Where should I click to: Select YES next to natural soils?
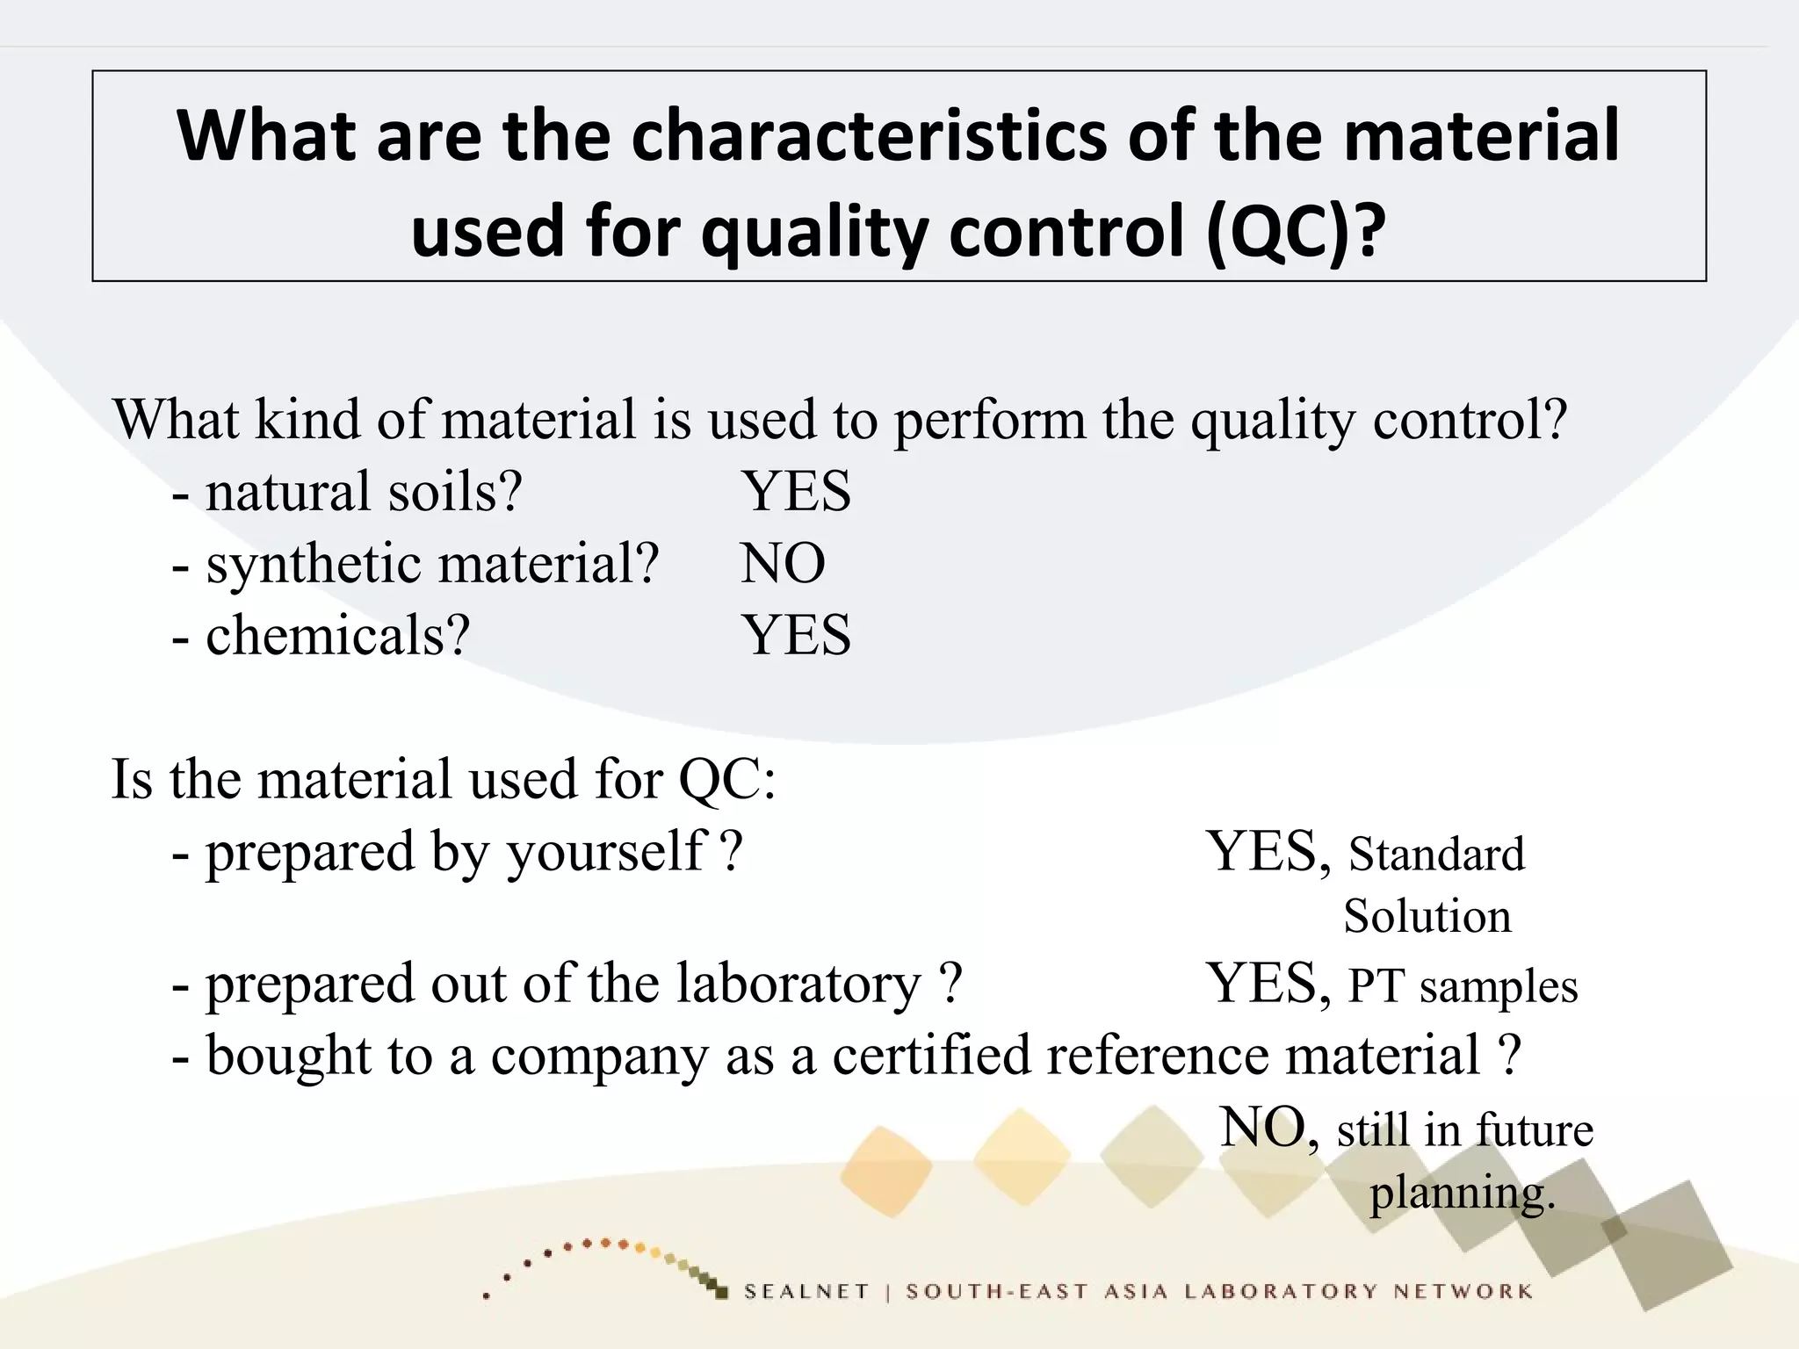pos(796,491)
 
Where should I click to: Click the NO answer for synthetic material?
pos(783,563)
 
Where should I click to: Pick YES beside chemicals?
pos(796,635)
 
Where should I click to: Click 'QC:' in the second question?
pos(727,779)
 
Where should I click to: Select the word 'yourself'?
pos(607,852)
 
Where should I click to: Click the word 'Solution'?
pos(1427,916)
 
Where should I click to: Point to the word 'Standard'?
pos(1436,854)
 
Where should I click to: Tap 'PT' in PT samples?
pos(1376,985)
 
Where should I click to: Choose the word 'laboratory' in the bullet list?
pos(798,984)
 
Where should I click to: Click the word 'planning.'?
pos(1463,1193)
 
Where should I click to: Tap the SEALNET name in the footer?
pos(806,1291)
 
